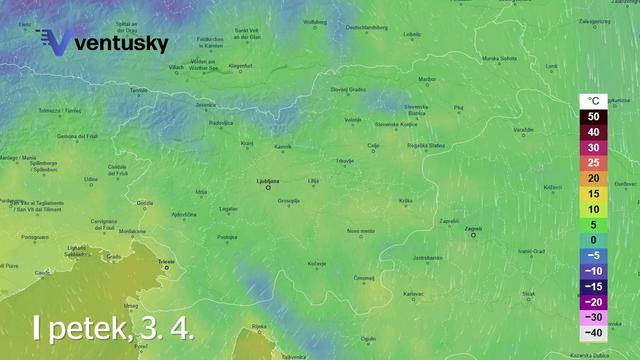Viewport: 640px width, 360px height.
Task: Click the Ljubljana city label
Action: (268, 180)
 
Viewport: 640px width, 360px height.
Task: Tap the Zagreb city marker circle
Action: (474, 236)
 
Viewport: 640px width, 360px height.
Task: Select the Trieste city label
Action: (166, 261)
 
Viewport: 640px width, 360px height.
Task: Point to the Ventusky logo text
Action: (120, 44)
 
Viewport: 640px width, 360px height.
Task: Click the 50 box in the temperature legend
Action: (593, 117)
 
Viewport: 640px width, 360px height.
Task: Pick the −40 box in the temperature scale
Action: (593, 332)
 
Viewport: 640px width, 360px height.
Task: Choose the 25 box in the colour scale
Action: (593, 162)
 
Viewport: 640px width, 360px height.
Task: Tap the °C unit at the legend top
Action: (593, 101)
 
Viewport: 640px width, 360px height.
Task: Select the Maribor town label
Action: (427, 78)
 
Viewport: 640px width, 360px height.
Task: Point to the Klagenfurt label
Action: (241, 66)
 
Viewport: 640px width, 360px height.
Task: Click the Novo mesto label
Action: (361, 231)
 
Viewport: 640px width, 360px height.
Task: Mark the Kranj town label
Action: (247, 144)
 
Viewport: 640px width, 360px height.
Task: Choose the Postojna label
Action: (227, 237)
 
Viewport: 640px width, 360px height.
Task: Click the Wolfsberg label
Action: (315, 21)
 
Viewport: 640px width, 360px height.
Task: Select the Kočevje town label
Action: (317, 263)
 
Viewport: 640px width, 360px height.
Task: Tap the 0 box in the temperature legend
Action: (593, 239)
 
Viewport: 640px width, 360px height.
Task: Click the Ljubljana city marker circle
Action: (268, 187)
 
